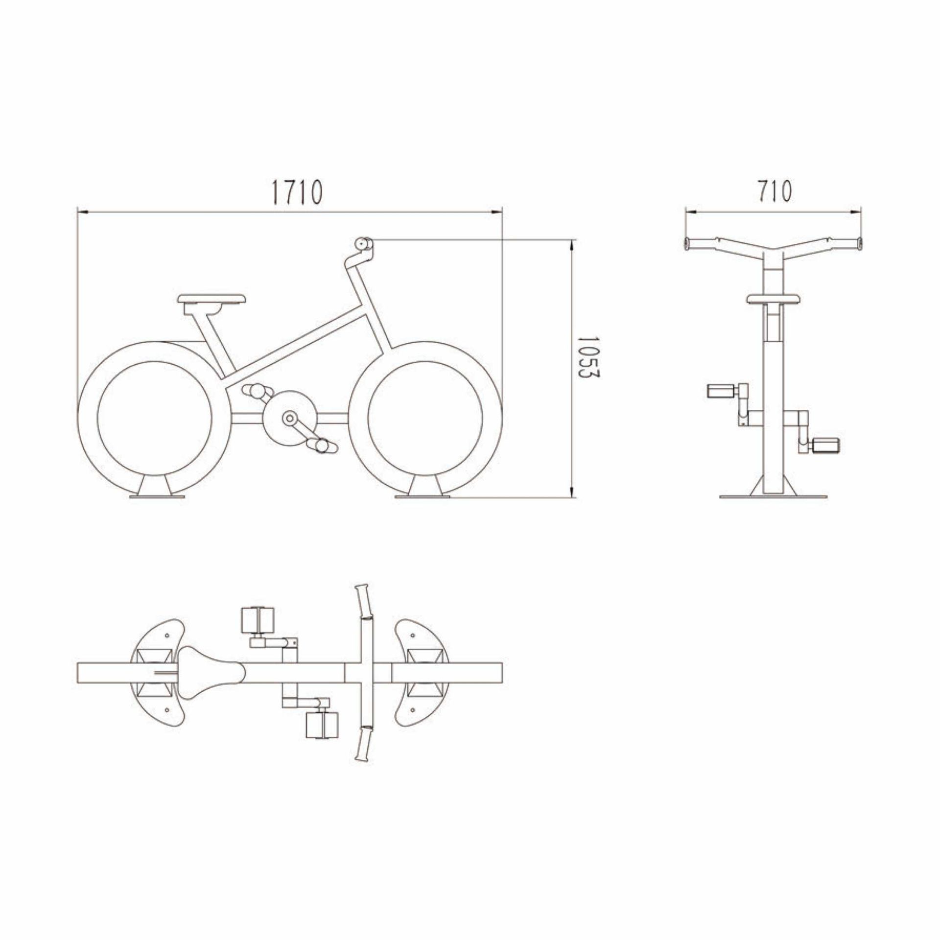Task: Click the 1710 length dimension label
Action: (297, 192)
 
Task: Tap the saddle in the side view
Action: (211, 298)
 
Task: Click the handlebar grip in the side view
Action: (364, 243)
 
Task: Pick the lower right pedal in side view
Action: (322, 446)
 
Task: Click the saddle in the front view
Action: (774, 298)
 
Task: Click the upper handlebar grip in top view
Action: (362, 602)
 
